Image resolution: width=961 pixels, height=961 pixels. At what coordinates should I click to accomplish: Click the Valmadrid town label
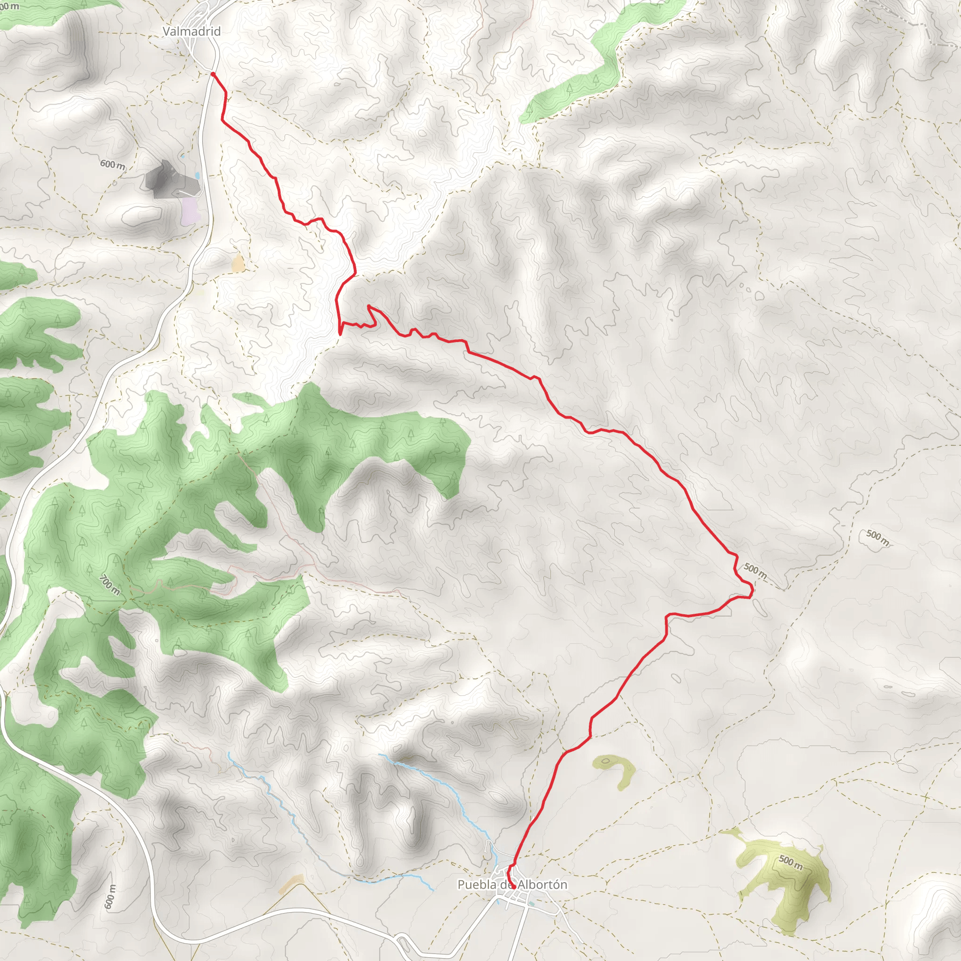[191, 31]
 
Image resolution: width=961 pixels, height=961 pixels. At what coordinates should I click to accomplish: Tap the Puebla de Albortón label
[512, 885]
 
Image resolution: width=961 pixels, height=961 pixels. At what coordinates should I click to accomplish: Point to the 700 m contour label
[110, 585]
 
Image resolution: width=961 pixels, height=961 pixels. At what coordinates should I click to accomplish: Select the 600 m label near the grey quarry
[113, 164]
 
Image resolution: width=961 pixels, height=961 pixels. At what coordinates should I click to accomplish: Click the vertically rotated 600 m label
[110, 897]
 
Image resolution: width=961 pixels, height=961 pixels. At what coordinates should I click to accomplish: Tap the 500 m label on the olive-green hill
[790, 862]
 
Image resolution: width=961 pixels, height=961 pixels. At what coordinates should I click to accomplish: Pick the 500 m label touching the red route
[755, 571]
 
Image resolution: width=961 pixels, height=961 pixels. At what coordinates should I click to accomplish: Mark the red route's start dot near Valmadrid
[213, 74]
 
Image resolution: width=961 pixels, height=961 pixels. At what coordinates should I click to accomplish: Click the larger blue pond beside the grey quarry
[198, 176]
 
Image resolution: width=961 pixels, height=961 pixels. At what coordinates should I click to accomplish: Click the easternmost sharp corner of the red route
[753, 590]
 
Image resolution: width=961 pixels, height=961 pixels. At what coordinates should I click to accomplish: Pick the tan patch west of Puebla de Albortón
[291, 884]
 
